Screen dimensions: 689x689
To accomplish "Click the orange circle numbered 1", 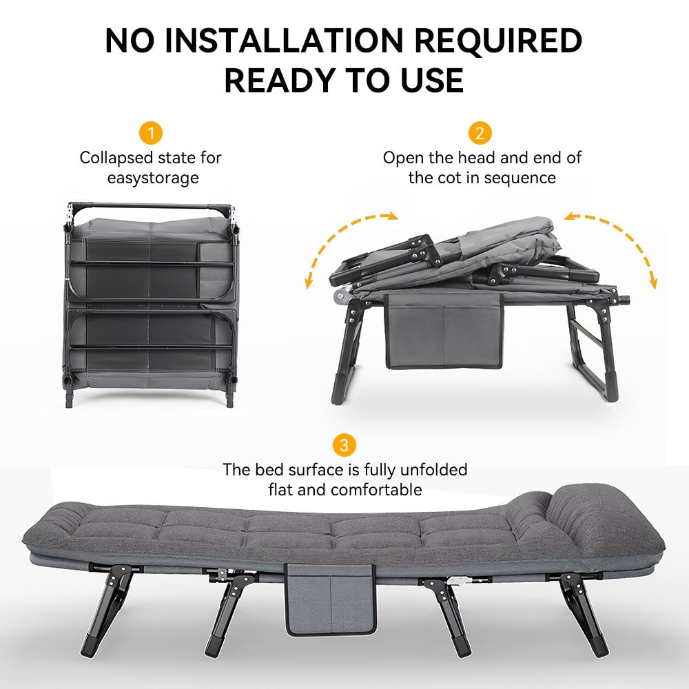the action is pyautogui.click(x=151, y=133).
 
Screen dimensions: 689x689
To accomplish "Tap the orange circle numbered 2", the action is pyautogui.click(x=480, y=133).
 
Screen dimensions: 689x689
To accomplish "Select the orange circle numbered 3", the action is pyautogui.click(x=344, y=445).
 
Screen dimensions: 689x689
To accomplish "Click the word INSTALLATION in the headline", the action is pyautogui.click(x=284, y=41).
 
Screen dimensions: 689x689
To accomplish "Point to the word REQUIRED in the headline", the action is pyautogui.click(x=498, y=41).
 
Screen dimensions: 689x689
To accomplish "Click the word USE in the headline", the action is pyautogui.click(x=432, y=81).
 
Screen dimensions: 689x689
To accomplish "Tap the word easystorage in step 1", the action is pyautogui.click(x=153, y=178).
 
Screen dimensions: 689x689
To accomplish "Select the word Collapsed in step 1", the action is pyautogui.click(x=116, y=158).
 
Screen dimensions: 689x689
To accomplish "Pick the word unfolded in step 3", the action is pyautogui.click(x=433, y=470).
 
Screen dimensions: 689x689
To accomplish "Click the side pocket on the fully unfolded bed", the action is pyautogui.click(x=331, y=599).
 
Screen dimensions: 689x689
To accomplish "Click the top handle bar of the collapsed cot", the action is pyautogui.click(x=150, y=207).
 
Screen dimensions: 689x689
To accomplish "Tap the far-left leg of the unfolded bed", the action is pyautogui.click(x=107, y=610).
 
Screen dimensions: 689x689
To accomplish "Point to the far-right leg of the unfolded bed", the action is pyautogui.click(x=584, y=613).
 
